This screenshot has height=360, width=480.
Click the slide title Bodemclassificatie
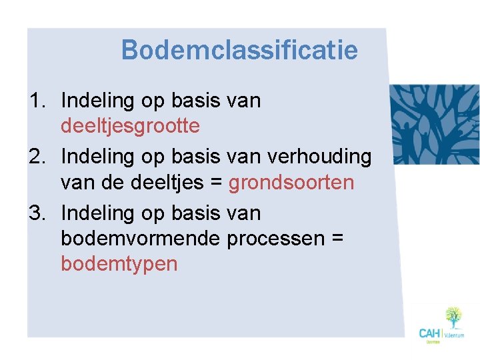pos(239,49)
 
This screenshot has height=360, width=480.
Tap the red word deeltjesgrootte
pos(130,125)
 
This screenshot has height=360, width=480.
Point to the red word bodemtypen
pos(119,264)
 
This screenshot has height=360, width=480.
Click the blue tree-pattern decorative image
pos(434,124)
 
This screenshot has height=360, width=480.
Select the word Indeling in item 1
pos(98,101)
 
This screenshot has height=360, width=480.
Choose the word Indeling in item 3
pos(98,213)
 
